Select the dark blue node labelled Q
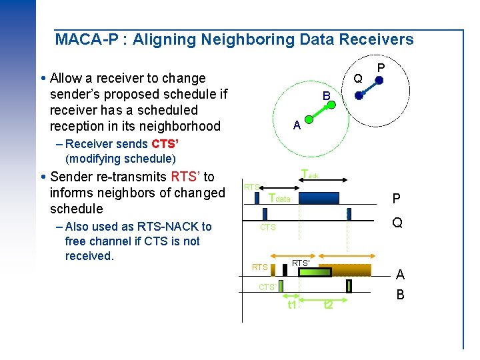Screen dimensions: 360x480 (x=359, y=95)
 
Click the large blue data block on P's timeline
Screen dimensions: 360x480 (x=319, y=198)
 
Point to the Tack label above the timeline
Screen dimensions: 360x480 (x=309, y=175)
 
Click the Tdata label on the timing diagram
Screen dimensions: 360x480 (x=279, y=198)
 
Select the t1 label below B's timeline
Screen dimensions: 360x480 (x=291, y=305)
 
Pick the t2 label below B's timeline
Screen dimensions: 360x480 (x=328, y=305)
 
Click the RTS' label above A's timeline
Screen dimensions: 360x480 (x=301, y=263)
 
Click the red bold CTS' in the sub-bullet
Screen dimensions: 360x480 (x=165, y=144)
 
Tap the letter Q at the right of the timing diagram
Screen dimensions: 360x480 (x=397, y=223)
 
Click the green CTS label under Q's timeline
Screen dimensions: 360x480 (x=267, y=227)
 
